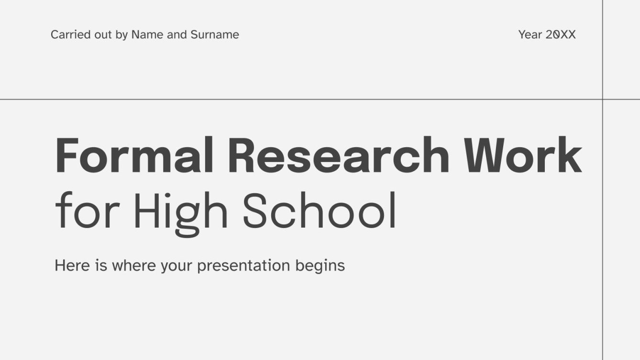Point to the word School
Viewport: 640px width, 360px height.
tap(320, 210)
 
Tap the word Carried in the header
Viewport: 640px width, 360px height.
tap(67, 34)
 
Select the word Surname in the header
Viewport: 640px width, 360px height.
tap(215, 34)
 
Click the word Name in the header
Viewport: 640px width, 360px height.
tap(147, 34)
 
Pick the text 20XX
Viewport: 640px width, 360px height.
tap(561, 34)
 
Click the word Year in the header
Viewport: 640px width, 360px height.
tap(530, 34)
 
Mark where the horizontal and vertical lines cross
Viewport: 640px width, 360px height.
tap(603, 99)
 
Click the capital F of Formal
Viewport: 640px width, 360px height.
tap(67, 156)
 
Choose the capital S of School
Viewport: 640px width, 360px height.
tap(257, 210)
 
